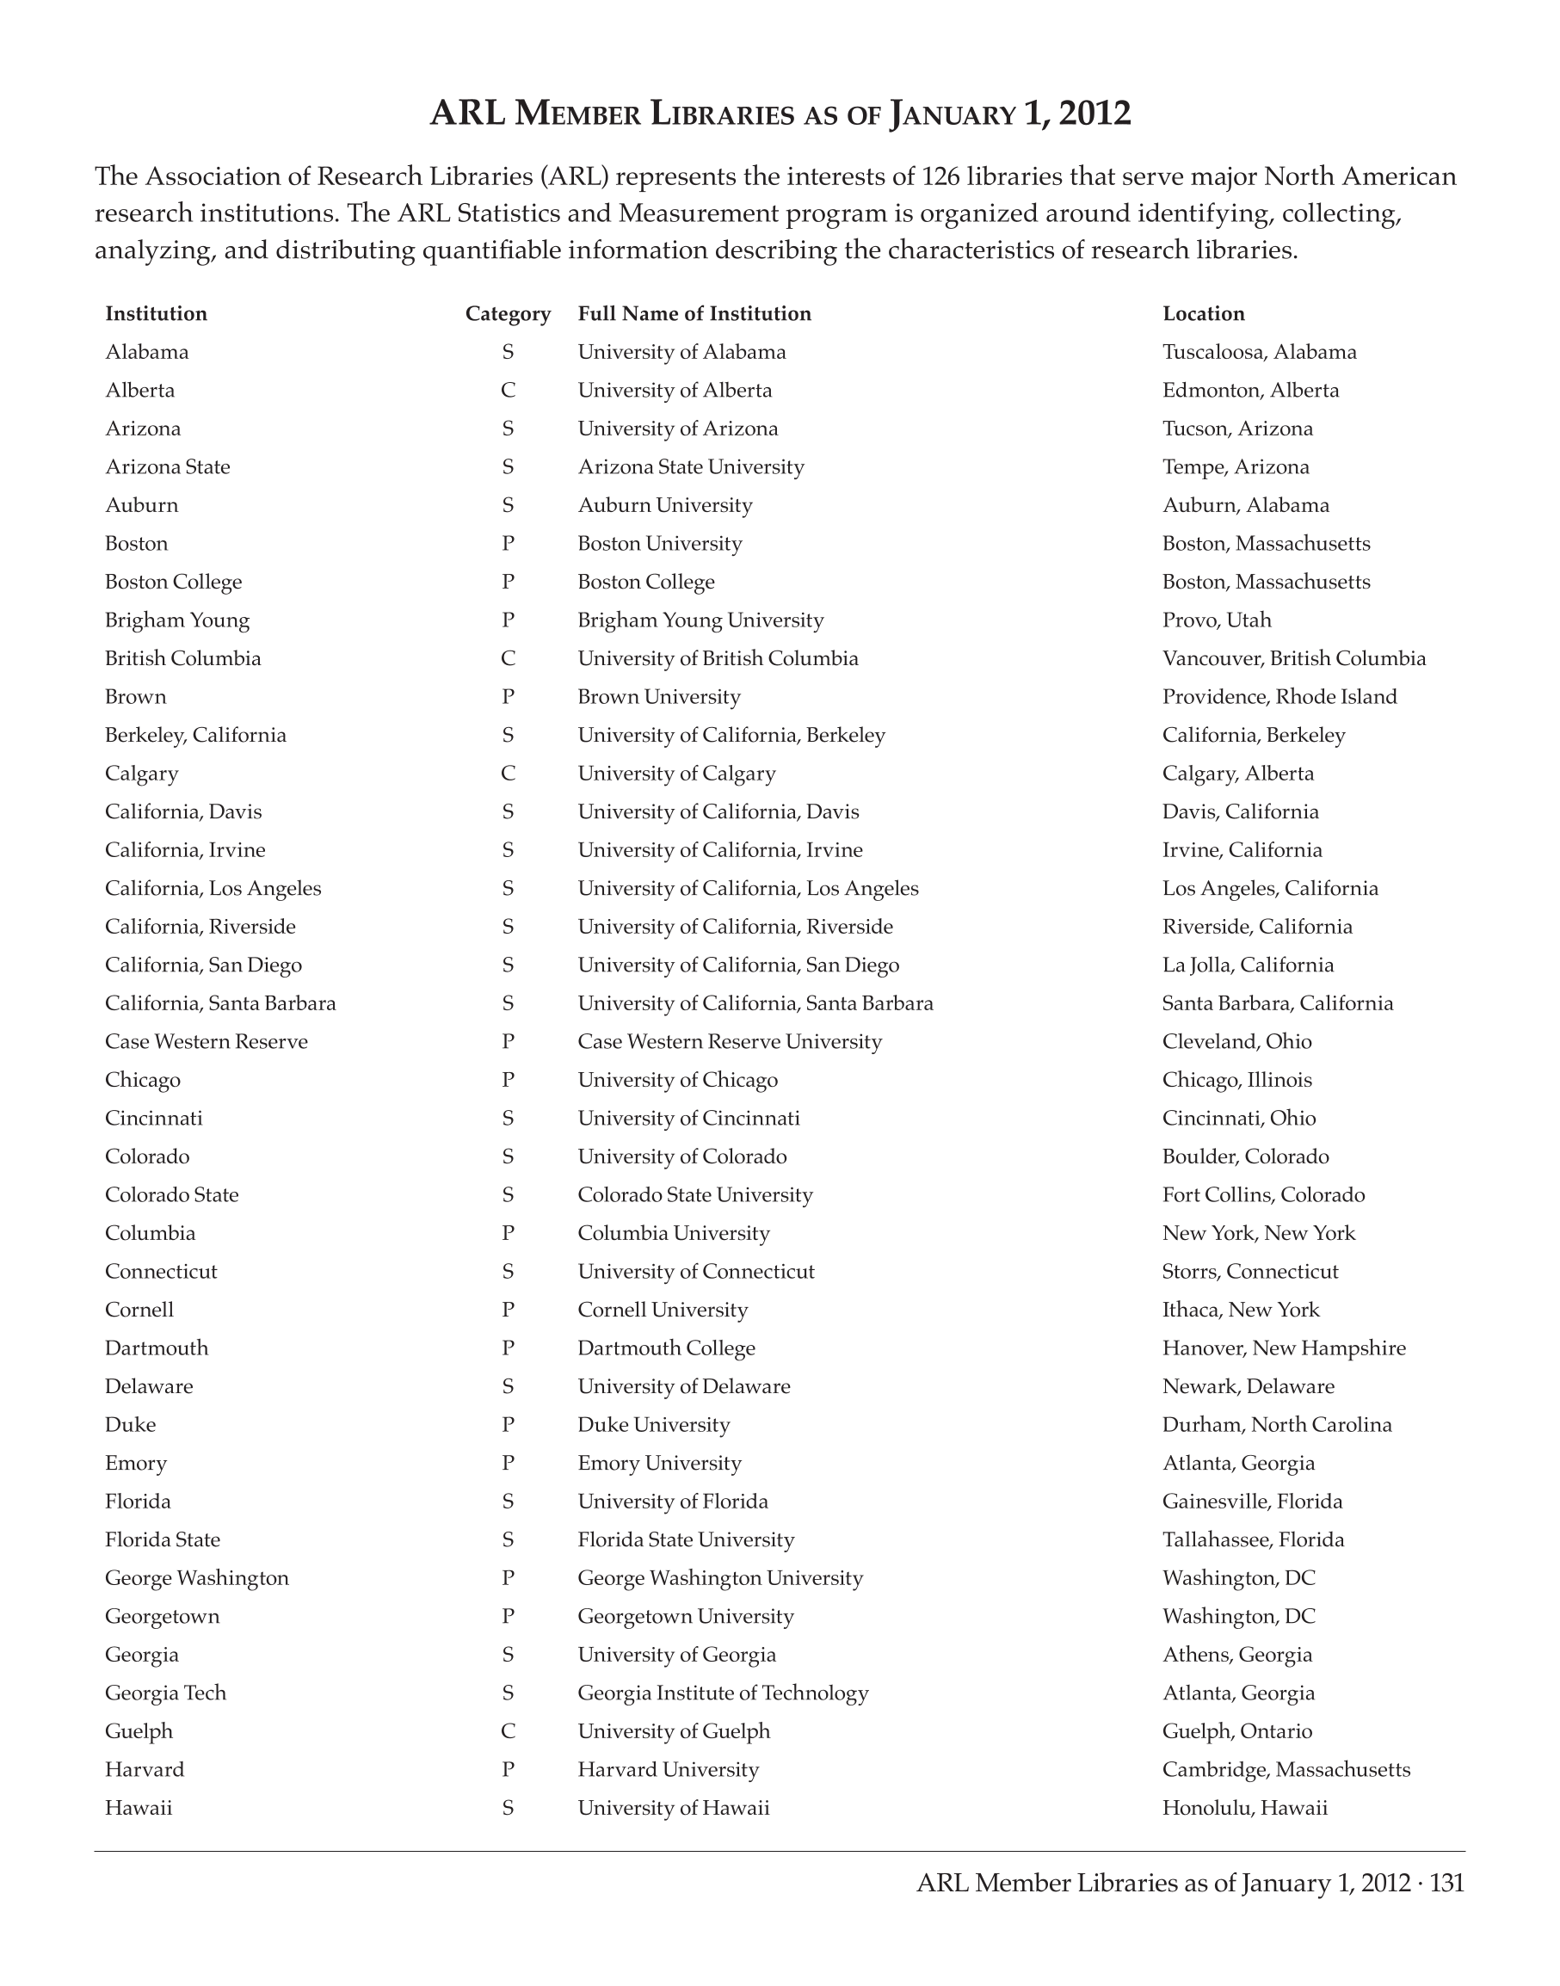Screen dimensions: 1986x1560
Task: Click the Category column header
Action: tap(508, 313)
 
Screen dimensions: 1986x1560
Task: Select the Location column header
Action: tap(1203, 313)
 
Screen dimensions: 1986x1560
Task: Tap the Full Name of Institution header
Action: tap(694, 313)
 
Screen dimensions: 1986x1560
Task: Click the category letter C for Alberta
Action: tap(508, 390)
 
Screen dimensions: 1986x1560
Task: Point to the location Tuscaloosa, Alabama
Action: tap(1259, 352)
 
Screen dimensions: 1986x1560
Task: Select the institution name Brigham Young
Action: tap(177, 620)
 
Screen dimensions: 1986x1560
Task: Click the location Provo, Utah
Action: tap(1217, 620)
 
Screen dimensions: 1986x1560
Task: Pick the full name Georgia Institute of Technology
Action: tap(723, 1693)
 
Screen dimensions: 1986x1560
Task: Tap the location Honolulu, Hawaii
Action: tap(1245, 1808)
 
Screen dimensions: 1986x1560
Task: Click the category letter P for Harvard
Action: tap(508, 1769)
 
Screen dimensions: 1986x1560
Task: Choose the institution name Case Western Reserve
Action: tap(207, 1041)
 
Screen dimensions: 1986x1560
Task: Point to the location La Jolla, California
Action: tap(1248, 965)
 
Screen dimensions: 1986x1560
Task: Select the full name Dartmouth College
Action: tap(666, 1348)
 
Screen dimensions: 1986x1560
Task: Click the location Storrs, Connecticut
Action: tap(1249, 1272)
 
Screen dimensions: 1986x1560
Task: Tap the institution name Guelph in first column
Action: tap(139, 1731)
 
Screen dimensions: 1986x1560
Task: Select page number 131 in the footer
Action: tap(1446, 1883)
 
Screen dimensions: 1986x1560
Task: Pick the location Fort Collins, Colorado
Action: tap(1263, 1195)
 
